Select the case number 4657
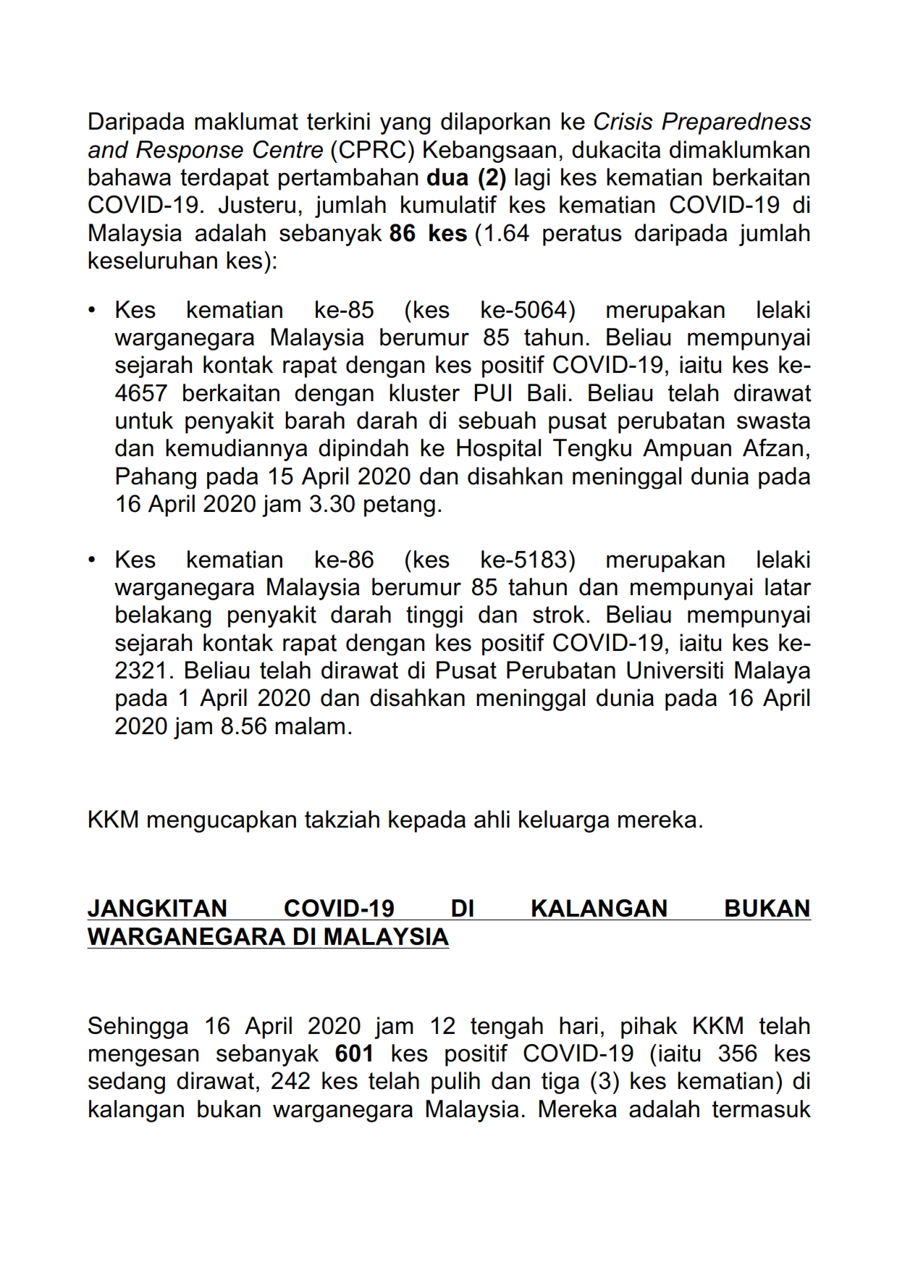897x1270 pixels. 141,393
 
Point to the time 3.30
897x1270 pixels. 332,504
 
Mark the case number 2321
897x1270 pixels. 141,670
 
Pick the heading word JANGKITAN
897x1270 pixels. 157,908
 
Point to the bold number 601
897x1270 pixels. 355,1054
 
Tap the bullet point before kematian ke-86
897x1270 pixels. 91,560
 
